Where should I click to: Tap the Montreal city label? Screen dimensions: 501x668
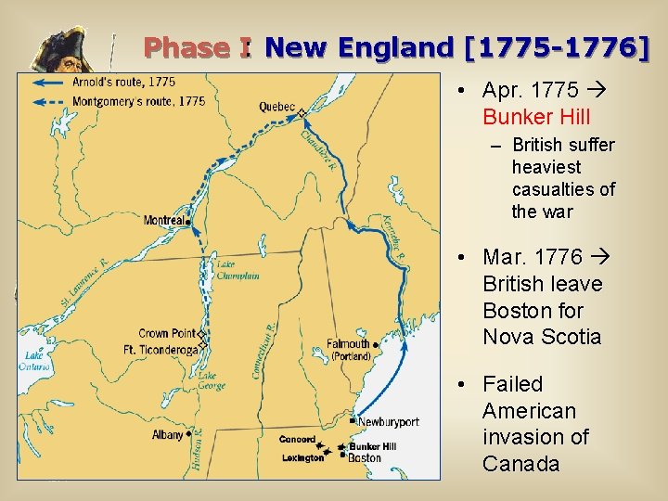164,221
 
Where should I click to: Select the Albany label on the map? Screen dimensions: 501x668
168,434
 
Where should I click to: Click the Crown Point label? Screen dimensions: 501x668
167,334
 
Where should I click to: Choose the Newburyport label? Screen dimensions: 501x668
389,422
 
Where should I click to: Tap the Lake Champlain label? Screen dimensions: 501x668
238,270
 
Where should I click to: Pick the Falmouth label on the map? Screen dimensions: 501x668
349,343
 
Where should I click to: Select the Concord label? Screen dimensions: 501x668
297,440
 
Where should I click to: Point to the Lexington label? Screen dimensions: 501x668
302,458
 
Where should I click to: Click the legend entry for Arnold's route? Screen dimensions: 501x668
124,83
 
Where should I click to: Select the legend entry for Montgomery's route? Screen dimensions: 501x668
139,100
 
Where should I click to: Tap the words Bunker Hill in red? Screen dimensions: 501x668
536,118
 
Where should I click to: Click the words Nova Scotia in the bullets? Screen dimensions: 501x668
542,337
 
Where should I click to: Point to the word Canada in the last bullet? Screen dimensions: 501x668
520,464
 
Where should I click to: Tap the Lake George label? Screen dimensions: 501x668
212,380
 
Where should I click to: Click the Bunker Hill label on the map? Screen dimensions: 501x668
372,446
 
